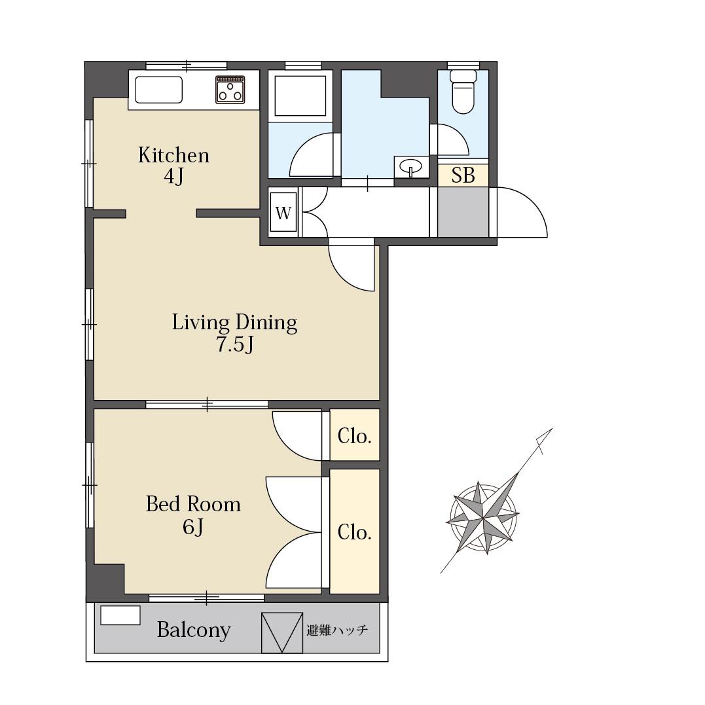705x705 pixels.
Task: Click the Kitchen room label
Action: tap(173, 156)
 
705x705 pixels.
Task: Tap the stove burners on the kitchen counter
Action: tap(230, 90)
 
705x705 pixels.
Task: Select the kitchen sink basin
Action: tap(158, 90)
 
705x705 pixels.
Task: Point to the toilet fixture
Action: tap(463, 91)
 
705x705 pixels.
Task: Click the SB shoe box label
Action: tap(463, 175)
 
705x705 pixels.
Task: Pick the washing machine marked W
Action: tap(283, 213)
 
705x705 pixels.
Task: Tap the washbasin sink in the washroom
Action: tap(410, 168)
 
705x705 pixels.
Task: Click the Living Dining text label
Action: tap(235, 322)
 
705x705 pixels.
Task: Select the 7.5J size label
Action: tap(235, 344)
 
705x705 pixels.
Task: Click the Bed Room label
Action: tap(193, 504)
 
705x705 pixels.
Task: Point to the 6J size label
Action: tap(193, 526)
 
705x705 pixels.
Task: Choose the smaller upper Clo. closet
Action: tap(355, 435)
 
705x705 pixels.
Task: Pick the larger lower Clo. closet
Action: tap(355, 532)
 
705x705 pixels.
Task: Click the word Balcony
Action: tap(194, 630)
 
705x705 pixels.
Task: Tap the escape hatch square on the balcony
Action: tap(282, 632)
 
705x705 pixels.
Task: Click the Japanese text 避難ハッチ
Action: tap(337, 630)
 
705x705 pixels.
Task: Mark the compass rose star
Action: tap(483, 518)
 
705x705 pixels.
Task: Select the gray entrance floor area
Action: tap(463, 212)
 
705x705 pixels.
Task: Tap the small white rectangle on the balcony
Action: tap(120, 615)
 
